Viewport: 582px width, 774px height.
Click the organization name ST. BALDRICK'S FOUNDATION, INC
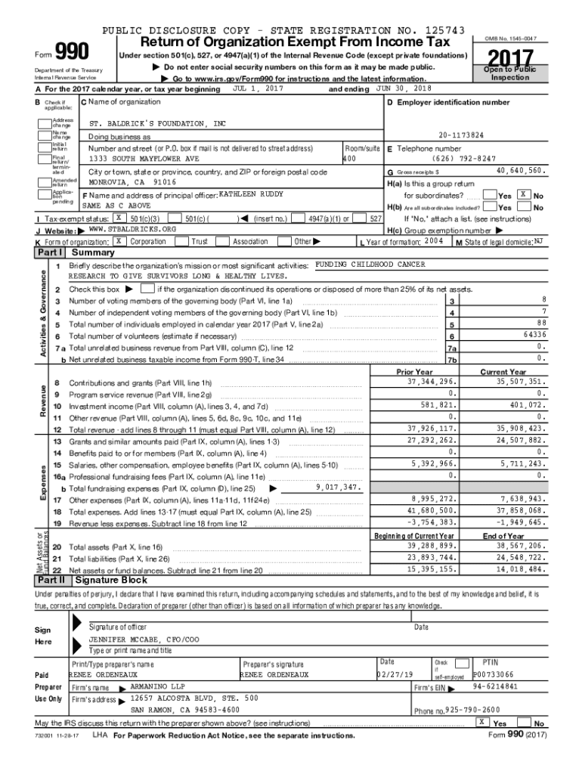[x=157, y=123]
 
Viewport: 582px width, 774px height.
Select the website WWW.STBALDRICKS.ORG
[x=132, y=207]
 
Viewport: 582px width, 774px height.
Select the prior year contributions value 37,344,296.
[x=429, y=382]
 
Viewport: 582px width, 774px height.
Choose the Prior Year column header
[x=414, y=372]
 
